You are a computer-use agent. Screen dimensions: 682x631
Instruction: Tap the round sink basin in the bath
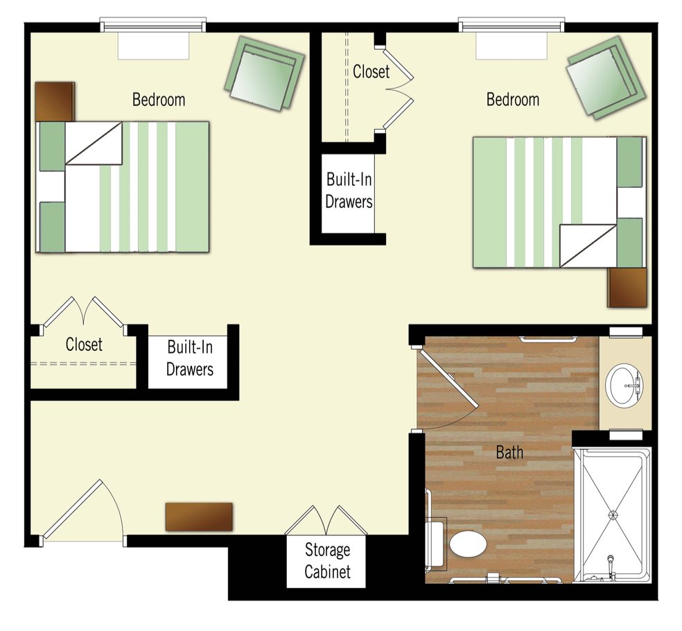click(624, 385)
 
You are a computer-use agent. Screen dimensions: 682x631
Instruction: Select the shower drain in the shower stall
click(613, 514)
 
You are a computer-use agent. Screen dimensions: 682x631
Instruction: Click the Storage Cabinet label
click(328, 561)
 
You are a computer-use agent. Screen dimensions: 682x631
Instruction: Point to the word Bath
click(509, 453)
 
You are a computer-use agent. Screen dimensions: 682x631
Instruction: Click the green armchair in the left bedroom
click(265, 73)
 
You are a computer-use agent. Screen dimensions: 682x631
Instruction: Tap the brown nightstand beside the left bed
click(55, 101)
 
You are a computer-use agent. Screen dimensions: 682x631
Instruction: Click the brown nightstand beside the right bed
click(627, 288)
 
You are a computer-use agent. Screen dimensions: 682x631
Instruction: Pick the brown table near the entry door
click(199, 517)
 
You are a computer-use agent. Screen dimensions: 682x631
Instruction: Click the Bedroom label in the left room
click(159, 100)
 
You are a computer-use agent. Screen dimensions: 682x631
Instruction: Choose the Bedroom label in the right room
click(513, 100)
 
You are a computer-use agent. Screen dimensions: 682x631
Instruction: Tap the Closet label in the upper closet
click(371, 72)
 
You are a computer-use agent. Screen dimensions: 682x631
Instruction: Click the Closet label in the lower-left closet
click(84, 344)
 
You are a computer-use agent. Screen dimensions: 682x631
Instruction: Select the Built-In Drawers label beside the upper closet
click(349, 191)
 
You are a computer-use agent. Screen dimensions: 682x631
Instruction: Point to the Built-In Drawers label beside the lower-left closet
click(190, 358)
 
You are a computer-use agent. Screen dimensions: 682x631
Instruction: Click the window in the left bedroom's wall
click(153, 25)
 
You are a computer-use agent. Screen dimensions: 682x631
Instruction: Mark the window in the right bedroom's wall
click(511, 25)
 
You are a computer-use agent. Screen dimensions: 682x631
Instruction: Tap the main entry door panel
click(73, 509)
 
